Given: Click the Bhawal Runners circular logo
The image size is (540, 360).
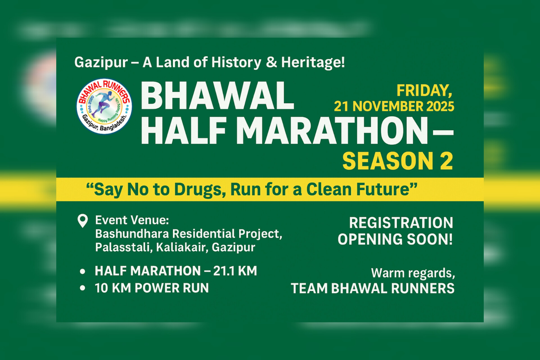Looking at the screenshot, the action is [104, 106].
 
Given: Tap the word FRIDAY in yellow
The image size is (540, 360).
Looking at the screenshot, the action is [424, 91].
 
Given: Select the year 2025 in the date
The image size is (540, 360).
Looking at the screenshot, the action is [440, 106].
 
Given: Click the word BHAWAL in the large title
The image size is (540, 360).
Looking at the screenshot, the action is [217, 96].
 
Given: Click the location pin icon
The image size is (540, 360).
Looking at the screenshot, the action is [83, 221].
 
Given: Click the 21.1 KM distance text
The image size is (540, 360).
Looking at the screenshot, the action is [235, 271].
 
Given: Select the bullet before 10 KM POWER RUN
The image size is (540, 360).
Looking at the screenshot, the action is [83, 288].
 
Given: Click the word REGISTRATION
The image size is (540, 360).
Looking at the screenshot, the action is [401, 223].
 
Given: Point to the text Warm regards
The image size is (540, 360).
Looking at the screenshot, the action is [413, 273].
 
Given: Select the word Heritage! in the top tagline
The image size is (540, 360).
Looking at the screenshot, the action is [313, 62].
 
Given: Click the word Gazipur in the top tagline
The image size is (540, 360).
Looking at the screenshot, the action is [101, 62].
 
